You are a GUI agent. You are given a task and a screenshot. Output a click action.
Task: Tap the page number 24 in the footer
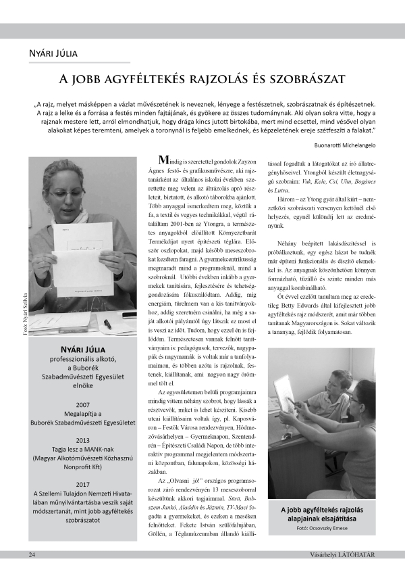[32, 554]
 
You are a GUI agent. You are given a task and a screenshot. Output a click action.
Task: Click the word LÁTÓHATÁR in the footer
[356, 554]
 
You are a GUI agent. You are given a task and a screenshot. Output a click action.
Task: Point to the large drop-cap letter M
[162, 161]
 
